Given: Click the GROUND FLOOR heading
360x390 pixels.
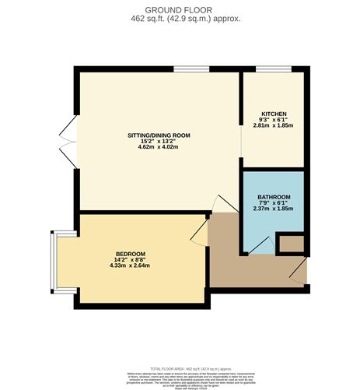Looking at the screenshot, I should pyautogui.click(x=180, y=9).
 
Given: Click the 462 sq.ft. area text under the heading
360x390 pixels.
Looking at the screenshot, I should pyautogui.click(x=180, y=17).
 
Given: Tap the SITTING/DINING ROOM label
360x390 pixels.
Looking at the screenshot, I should pyautogui.click(x=159, y=135).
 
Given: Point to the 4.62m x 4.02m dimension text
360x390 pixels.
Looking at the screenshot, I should pyautogui.click(x=159, y=148).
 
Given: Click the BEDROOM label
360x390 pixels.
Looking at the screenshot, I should pyautogui.click(x=131, y=254).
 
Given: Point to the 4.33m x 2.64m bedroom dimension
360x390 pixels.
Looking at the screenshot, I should pyautogui.click(x=131, y=266).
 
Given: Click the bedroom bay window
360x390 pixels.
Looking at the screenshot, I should pyautogui.click(x=51, y=259).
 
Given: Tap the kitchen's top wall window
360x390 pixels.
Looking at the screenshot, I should pyautogui.click(x=268, y=70).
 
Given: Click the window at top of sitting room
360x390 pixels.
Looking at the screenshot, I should pyautogui.click(x=184, y=70).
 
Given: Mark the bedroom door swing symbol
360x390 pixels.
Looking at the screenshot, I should pyautogui.click(x=197, y=231).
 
